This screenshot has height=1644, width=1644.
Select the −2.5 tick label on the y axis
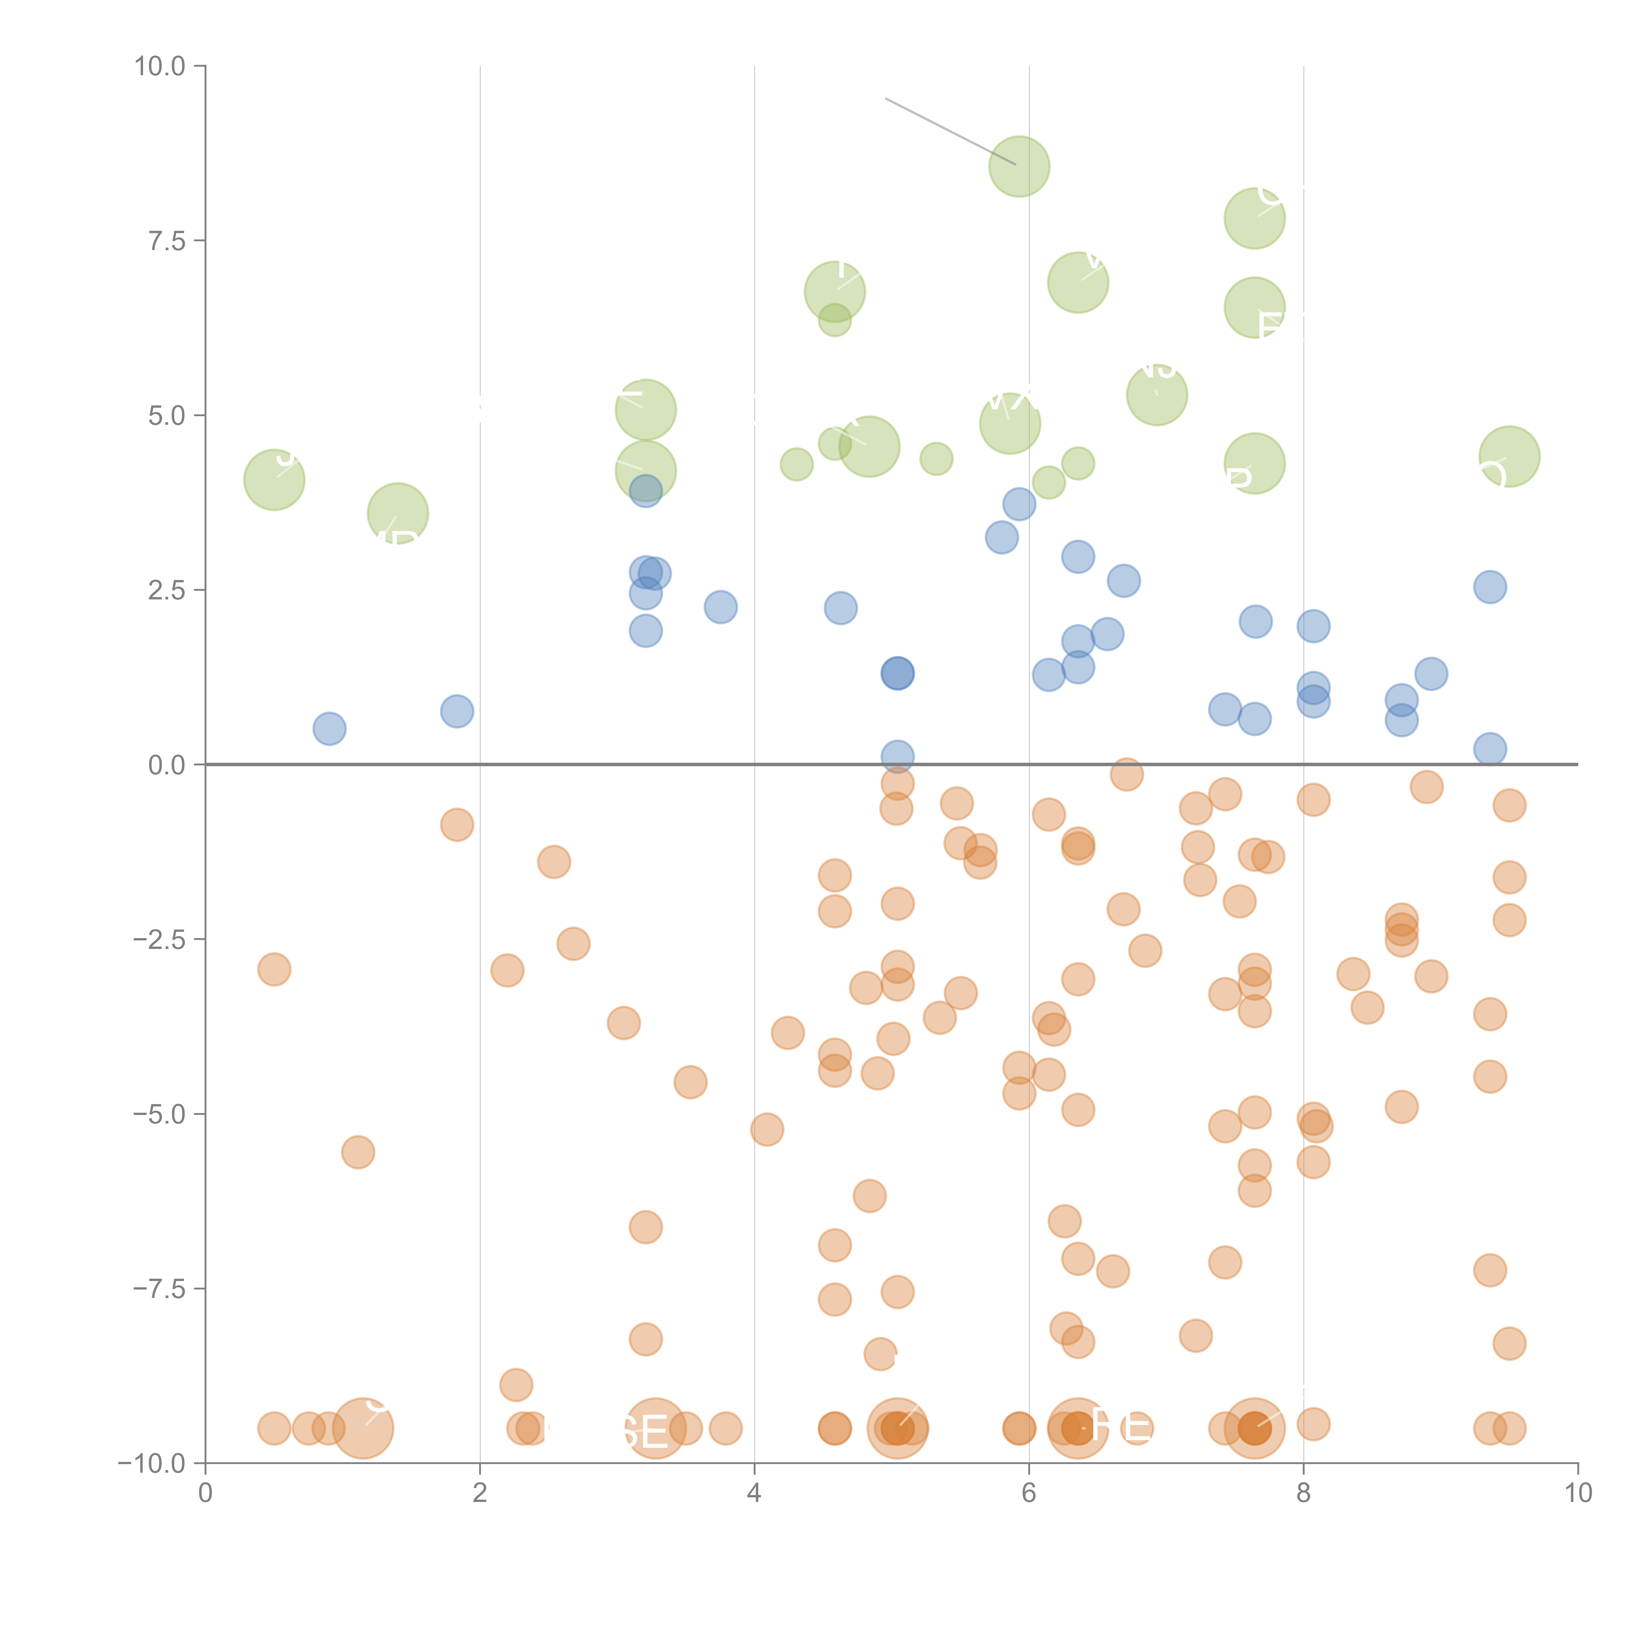pos(158,939)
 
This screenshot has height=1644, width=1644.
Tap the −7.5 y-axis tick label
pos(158,1288)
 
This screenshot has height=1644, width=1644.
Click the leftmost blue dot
pos(329,728)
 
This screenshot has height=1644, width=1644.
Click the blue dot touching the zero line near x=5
pos(897,756)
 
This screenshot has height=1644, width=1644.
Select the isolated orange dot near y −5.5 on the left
pos(358,1152)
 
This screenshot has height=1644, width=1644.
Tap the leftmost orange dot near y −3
pos(274,969)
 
